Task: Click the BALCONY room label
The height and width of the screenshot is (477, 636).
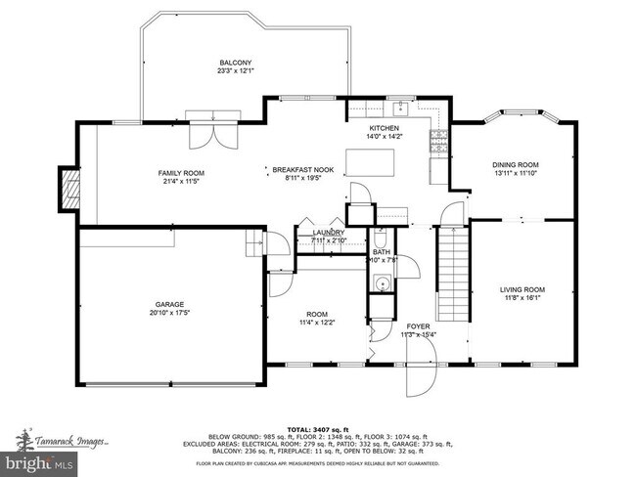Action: (x=234, y=62)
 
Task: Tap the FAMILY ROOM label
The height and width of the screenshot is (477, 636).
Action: (x=181, y=173)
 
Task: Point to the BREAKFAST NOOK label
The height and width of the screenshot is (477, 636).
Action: (x=302, y=169)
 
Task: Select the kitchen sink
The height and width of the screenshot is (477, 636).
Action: (x=364, y=109)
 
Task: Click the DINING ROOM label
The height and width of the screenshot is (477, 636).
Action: (x=516, y=164)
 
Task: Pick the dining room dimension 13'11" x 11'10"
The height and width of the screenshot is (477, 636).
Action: (x=516, y=173)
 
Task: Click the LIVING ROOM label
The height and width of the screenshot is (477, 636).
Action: (x=522, y=290)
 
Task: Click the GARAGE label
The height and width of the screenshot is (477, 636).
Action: (x=169, y=304)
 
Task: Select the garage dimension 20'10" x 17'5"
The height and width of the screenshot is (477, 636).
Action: (x=169, y=313)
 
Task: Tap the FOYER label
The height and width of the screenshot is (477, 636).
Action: (x=418, y=326)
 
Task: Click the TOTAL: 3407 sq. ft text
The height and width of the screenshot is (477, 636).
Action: (x=318, y=429)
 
